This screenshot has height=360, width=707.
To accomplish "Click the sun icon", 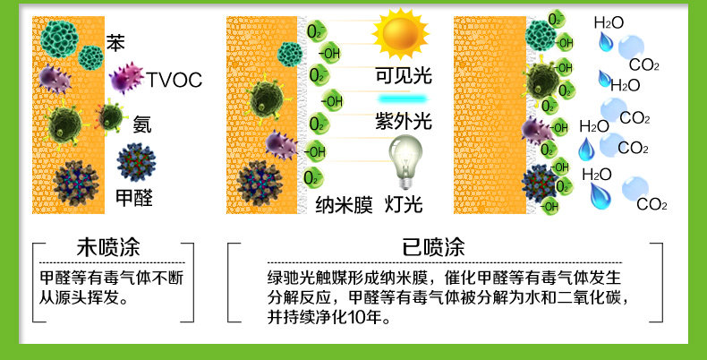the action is coord(400,33).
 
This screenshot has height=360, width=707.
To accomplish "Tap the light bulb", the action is coord(405,161).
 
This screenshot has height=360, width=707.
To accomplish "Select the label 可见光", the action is coord(404,75).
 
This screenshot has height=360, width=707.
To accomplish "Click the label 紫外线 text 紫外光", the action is coord(404,121).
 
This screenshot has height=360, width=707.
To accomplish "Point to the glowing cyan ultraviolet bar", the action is coord(402,99).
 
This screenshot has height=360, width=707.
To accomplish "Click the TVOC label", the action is coord(174,80).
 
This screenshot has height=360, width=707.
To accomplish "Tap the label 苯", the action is coord(115,42).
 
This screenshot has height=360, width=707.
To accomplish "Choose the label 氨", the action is coord(142,124).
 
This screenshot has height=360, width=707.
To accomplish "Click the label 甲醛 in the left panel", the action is coord(134,198).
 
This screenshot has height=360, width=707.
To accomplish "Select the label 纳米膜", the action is coord(344,205).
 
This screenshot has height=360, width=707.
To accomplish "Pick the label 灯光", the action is coord(404,205).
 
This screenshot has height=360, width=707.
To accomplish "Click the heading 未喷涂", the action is coord(108,247).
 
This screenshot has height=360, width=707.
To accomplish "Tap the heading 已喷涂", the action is coord(433,247).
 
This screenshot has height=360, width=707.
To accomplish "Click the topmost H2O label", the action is coord(609,23).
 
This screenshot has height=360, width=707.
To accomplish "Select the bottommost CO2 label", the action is coord(652,205).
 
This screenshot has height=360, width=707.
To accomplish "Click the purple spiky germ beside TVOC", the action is coord(125,78).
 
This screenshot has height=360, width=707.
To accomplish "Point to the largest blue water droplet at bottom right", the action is coord(601,196).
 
